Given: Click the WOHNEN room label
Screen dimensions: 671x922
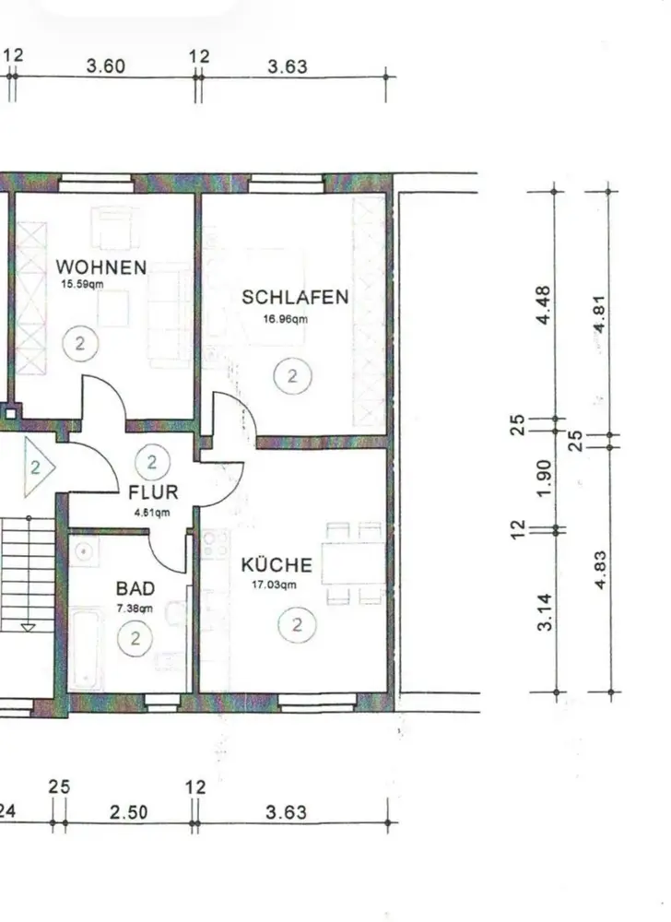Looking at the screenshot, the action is click(x=101, y=267).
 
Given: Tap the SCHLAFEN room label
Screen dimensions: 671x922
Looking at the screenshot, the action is click(x=295, y=297).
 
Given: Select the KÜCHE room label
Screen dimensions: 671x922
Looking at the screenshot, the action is click(x=277, y=565).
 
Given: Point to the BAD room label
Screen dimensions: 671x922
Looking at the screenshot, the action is click(x=135, y=588).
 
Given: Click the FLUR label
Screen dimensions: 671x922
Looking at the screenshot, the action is click(x=153, y=491).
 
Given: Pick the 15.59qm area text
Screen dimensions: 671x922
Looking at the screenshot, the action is click(x=83, y=284).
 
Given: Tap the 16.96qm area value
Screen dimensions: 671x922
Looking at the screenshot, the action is click(x=286, y=319).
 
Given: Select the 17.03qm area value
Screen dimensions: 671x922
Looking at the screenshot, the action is click(x=274, y=585).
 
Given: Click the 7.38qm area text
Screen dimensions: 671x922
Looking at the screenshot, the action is click(x=135, y=609).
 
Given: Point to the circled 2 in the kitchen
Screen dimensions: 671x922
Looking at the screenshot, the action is click(x=297, y=624).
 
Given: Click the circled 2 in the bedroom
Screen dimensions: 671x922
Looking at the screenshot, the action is click(x=292, y=376).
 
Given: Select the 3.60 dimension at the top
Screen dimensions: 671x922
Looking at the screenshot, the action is click(x=106, y=65).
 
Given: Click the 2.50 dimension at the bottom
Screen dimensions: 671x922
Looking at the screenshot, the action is click(x=129, y=812).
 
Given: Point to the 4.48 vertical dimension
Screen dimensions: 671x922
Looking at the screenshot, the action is click(x=544, y=304).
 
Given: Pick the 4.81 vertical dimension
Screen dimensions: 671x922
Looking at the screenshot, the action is click(x=599, y=313).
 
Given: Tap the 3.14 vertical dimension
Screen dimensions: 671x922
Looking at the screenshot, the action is click(x=545, y=612).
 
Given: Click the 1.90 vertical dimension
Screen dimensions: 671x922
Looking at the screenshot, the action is click(x=544, y=477).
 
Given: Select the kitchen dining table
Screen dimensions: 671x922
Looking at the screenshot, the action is click(x=354, y=562).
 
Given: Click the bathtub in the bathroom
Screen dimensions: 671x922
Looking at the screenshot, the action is click(x=87, y=649).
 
